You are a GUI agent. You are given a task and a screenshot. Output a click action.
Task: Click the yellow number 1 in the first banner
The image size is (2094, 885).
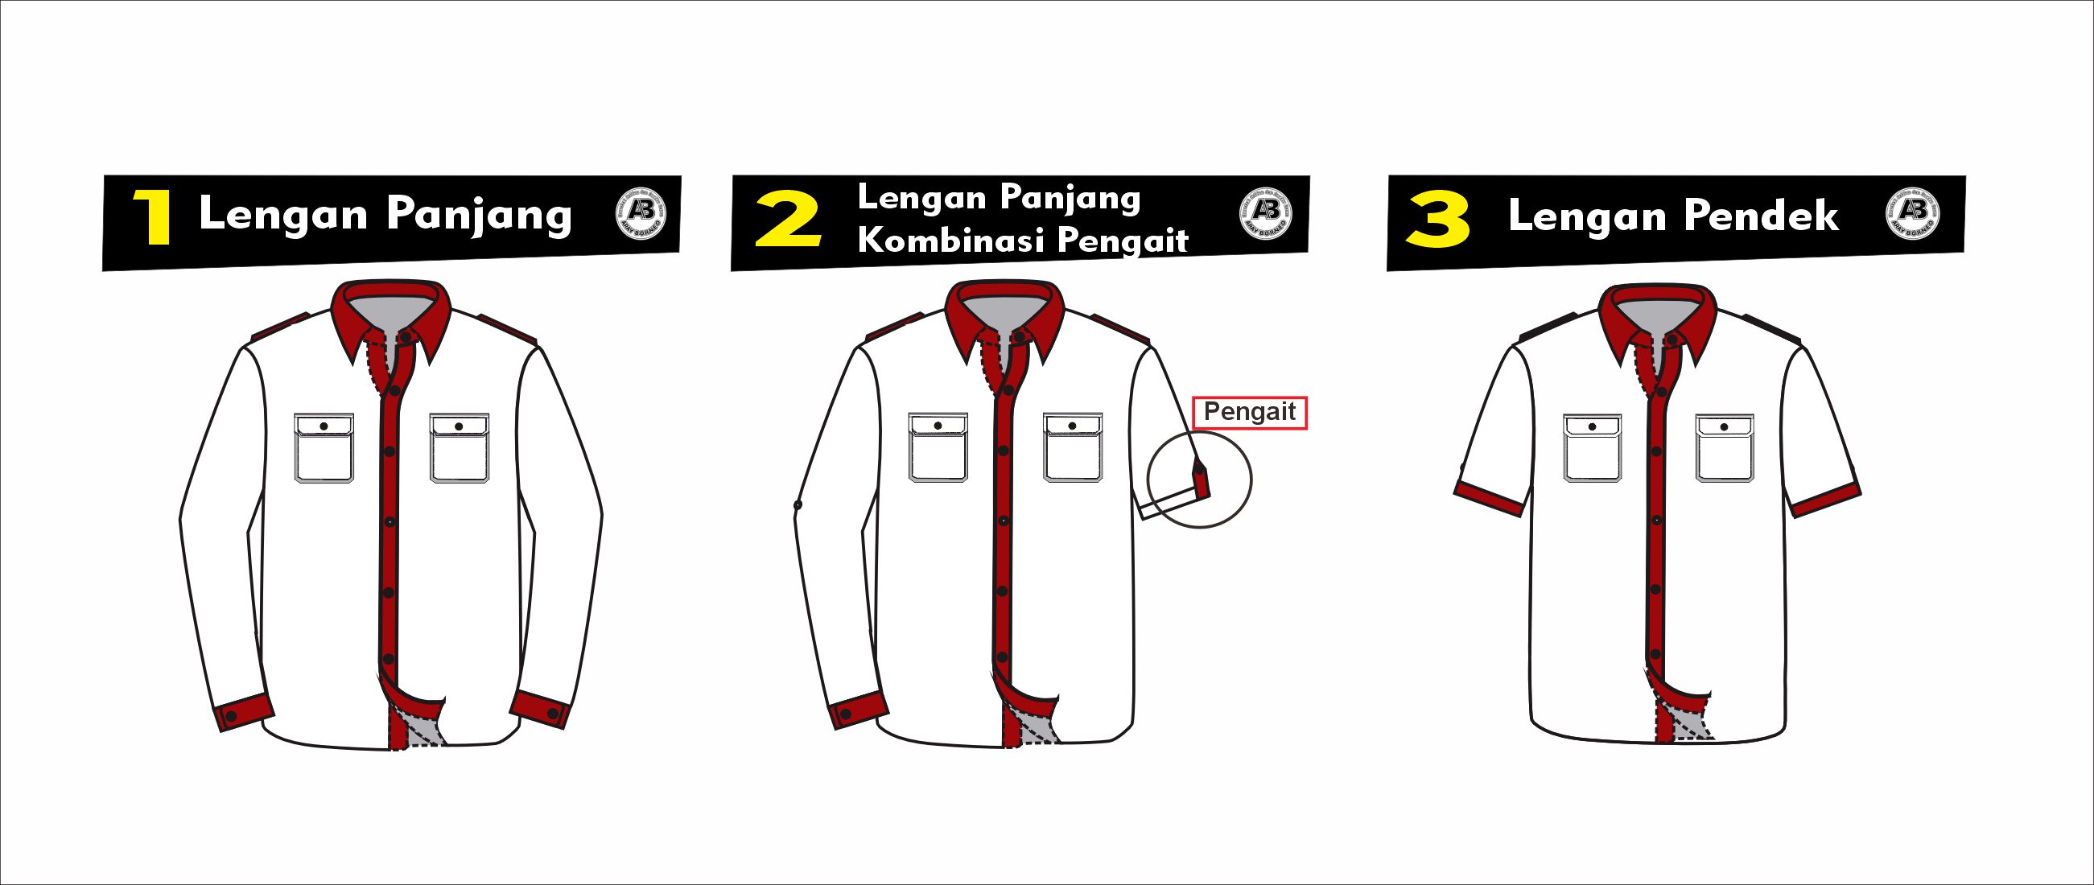[x=155, y=217]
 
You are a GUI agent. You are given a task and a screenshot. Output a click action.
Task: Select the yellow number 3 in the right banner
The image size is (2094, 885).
[x=1438, y=220]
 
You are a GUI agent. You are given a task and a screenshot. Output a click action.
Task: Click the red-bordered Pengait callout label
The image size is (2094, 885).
[x=1250, y=412]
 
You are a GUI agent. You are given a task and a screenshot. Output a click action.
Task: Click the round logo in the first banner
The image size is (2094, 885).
[x=641, y=216]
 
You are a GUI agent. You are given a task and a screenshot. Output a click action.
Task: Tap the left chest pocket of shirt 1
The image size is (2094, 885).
[x=324, y=449]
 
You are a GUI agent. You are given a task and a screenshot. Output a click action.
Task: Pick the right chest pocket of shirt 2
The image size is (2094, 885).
[x=1073, y=449]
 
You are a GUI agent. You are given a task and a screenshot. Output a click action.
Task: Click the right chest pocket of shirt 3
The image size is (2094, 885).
[x=1724, y=449]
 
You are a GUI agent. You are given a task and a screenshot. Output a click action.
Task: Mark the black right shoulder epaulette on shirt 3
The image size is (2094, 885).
[x=1770, y=327]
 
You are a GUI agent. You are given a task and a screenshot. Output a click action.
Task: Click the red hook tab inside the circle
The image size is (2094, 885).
[x=1202, y=480]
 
